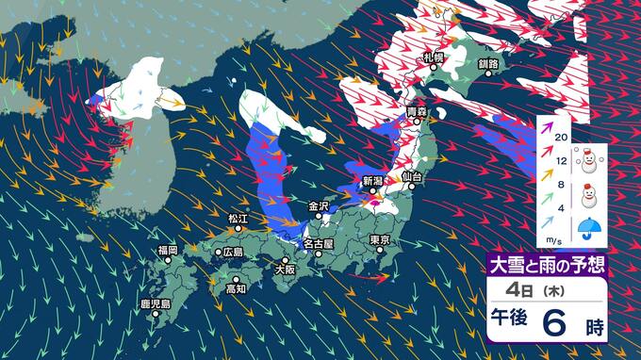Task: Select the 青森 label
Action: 416,112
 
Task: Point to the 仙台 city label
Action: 410,177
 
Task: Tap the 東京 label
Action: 380,239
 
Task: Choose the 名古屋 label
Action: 320,244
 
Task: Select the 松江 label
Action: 238,218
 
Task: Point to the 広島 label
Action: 232,253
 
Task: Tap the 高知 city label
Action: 236,289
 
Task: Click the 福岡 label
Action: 168,250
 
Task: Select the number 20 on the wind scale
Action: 561,138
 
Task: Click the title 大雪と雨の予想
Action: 543,264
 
